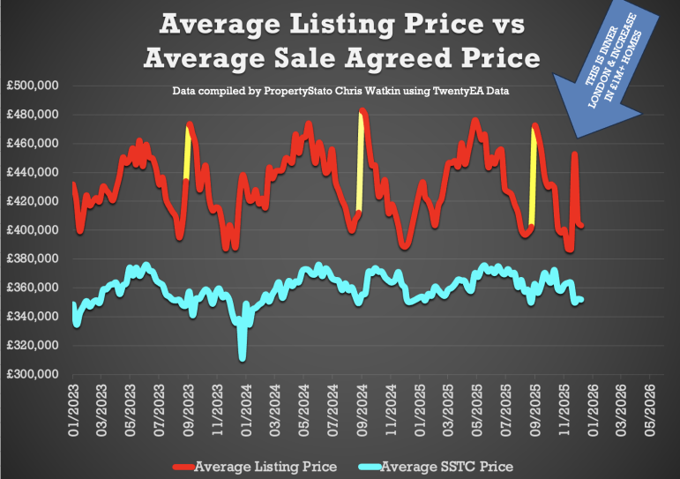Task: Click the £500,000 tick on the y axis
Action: (x=32, y=86)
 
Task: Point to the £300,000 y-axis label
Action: (x=32, y=374)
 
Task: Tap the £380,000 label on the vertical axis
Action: (x=32, y=258)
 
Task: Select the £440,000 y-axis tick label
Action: (x=32, y=172)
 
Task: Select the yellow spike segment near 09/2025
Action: (x=533, y=176)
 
